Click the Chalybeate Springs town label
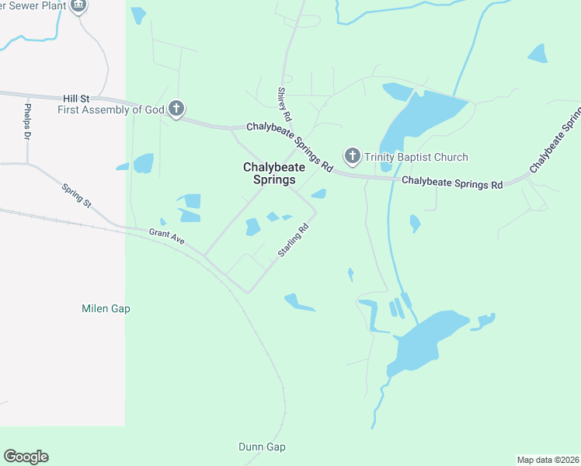click(270, 173)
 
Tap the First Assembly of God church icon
click(176, 110)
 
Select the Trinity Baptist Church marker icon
click(353, 157)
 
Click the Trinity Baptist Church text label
click(417, 157)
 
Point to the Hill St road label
click(76, 99)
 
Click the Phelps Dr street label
click(27, 122)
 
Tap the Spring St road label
click(77, 196)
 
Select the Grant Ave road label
click(167, 236)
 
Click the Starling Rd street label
click(294, 241)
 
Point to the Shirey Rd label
click(284, 104)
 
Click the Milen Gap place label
click(106, 308)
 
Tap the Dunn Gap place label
click(262, 447)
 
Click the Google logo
click(26, 457)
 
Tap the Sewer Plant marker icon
click(78, 6)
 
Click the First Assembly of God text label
click(111, 110)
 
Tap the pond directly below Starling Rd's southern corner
click(298, 302)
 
